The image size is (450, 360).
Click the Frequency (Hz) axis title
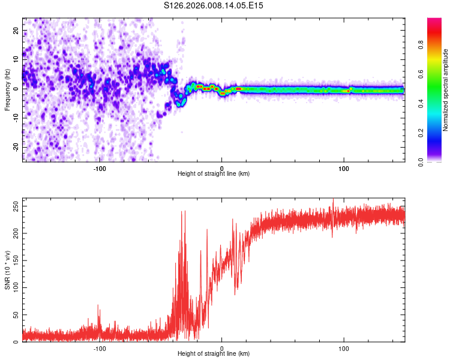coord(7,89)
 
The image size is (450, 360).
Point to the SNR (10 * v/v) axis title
coord(7,270)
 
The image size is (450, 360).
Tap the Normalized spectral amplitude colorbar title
coord(446,90)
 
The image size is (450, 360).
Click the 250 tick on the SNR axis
coord(14,206)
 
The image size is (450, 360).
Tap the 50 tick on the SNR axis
coord(16,315)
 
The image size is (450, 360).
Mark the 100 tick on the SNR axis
coord(14,288)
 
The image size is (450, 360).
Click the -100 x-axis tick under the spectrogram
coord(100,167)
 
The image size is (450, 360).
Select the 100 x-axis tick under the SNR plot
coord(344,348)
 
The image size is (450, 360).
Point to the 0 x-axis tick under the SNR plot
coord(222,348)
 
